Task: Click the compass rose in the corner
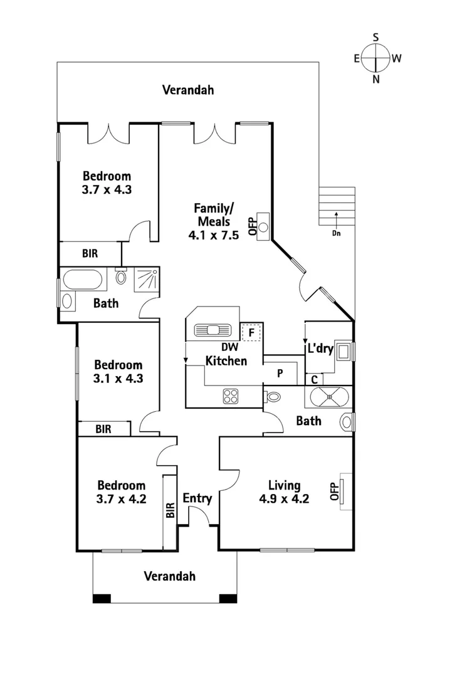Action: pos(376,58)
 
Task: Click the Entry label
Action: pos(197,498)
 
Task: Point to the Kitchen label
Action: pos(226,360)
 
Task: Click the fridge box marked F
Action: pos(251,332)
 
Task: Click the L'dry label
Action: pos(319,349)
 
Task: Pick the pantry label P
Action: pos(280,372)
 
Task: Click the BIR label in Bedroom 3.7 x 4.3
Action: pos(89,254)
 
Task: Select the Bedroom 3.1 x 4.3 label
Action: pos(118,371)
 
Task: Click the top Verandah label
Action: pos(188,90)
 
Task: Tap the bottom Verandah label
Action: pos(169,576)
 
